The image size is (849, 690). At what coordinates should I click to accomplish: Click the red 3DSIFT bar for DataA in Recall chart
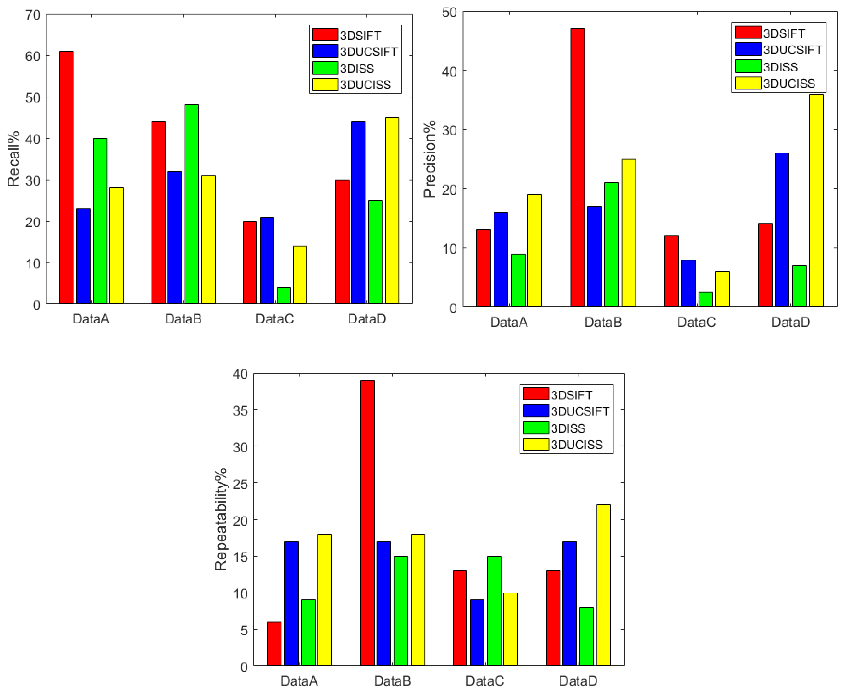(66, 177)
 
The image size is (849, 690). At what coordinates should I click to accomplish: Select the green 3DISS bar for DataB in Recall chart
(192, 204)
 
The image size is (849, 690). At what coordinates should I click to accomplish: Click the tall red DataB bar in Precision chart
(578, 168)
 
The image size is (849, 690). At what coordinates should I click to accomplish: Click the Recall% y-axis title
(13, 159)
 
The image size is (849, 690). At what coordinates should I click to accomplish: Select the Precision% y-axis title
(429, 159)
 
